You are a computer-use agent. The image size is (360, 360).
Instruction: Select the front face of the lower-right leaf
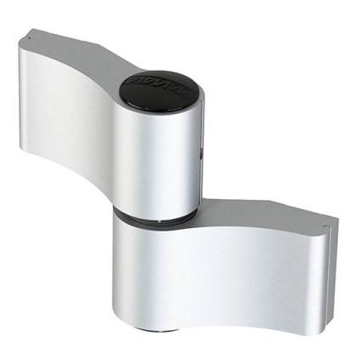pos(255,272)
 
